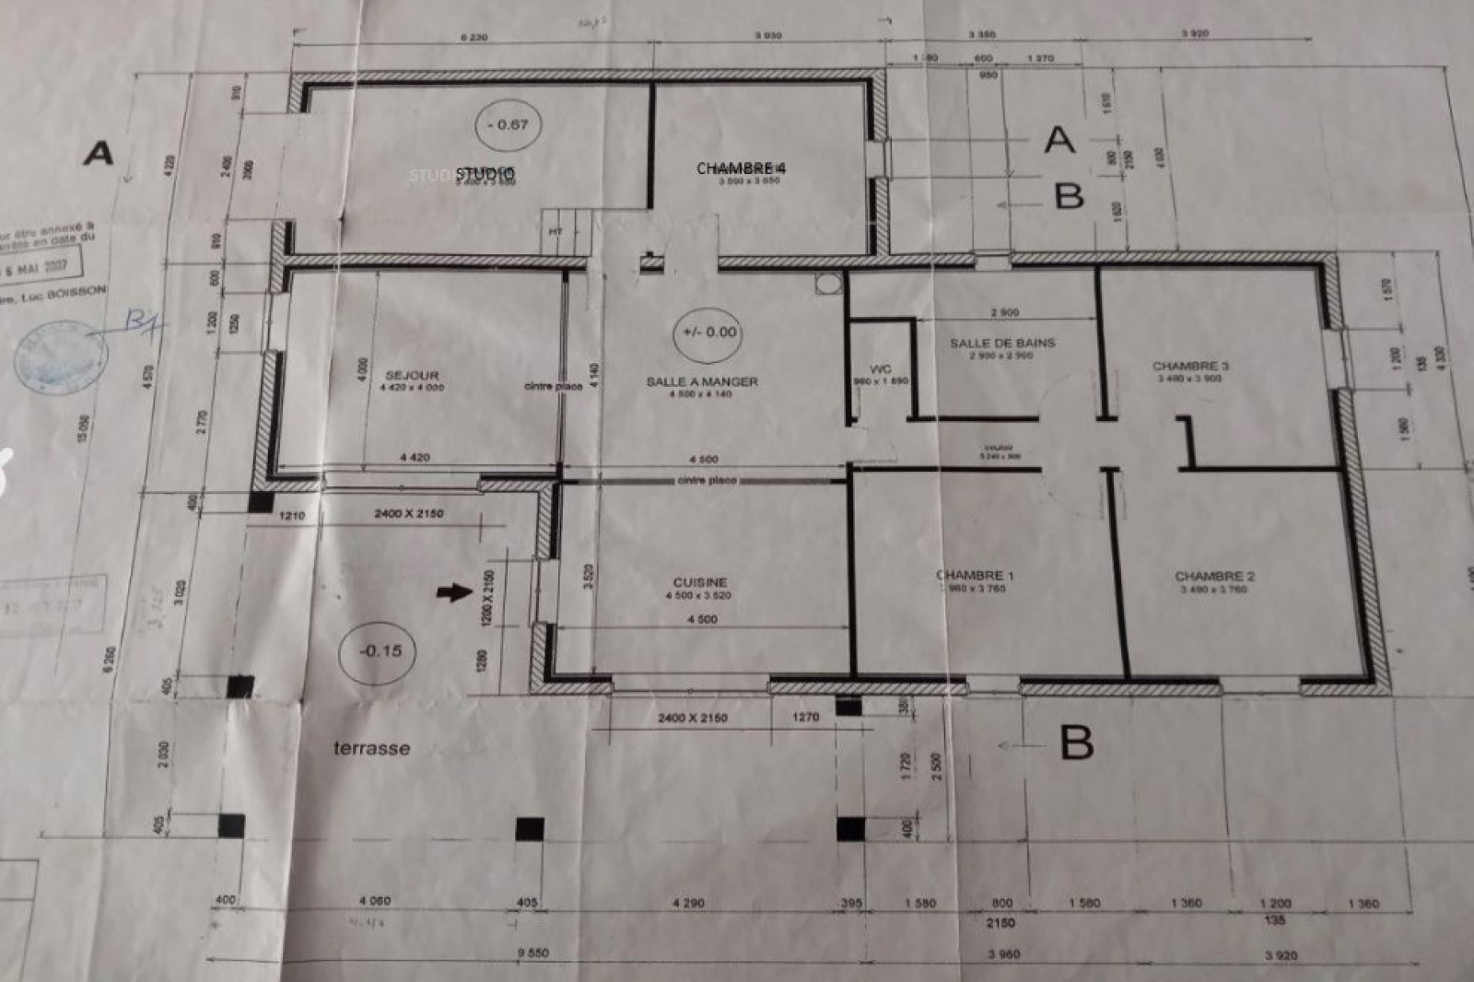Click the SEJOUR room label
[x=412, y=375]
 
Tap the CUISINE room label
[x=700, y=582]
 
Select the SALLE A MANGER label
[x=702, y=381]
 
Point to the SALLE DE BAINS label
[x=1002, y=343]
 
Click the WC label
[x=881, y=368]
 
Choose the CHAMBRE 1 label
[x=975, y=576]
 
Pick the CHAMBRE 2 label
[x=1214, y=577]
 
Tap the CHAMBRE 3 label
[x=1190, y=366]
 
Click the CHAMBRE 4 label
[x=742, y=169]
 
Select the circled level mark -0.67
[x=508, y=124]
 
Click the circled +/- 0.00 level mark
[x=709, y=332]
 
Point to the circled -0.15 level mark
[x=380, y=650]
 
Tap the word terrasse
[x=371, y=748]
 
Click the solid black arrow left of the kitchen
[x=453, y=591]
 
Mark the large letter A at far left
[x=99, y=153]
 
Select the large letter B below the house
[x=1076, y=742]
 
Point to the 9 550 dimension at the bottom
[x=532, y=953]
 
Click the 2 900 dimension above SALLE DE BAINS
[x=1004, y=313]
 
